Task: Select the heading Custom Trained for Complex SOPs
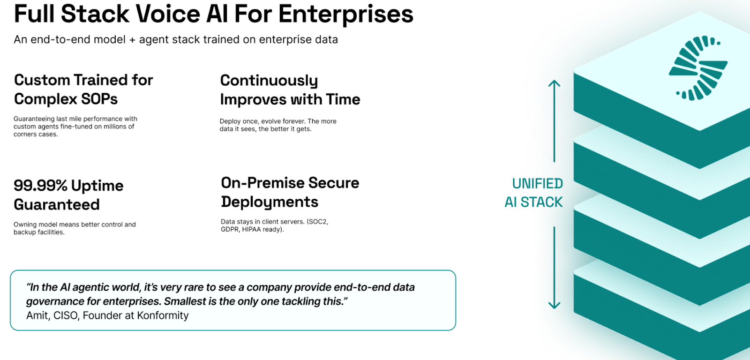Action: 83,90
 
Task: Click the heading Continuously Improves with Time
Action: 290,90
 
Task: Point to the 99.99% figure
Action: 40,185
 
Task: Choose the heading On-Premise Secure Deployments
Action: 290,193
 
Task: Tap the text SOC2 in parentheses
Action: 317,222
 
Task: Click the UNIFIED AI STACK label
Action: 534,193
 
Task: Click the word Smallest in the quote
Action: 185,301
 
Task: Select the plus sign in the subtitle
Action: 132,40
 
